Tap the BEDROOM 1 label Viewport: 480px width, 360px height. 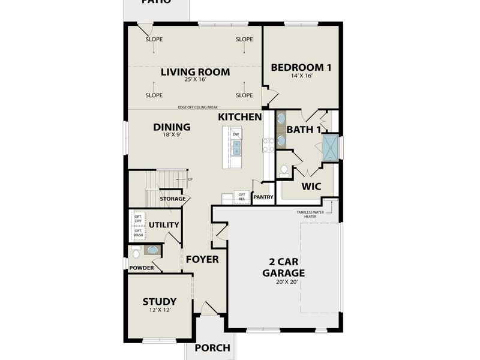[301, 67]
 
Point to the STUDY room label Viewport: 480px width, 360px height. [160, 301]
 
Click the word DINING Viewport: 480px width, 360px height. [172, 127]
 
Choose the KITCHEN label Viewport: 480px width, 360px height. [240, 116]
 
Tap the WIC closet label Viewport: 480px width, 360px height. [311, 187]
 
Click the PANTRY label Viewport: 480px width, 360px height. [263, 197]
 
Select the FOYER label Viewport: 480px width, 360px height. [202, 259]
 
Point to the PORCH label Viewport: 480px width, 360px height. [212, 347]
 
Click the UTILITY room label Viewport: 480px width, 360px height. [164, 225]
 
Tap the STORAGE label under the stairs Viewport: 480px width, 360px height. [172, 199]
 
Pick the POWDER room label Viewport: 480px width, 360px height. [142, 268]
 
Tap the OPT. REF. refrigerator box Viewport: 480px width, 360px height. [242, 197]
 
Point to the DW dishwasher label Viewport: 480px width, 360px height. [236, 134]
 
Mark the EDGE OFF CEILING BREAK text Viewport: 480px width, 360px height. [197, 107]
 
